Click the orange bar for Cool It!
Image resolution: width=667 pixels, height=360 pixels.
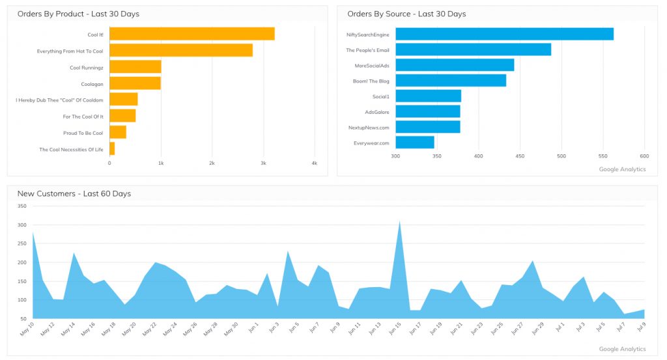(192, 34)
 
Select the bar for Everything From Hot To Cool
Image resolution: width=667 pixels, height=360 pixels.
(180, 50)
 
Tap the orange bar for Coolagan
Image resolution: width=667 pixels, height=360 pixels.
(135, 83)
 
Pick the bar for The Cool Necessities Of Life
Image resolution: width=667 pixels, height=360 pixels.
(112, 149)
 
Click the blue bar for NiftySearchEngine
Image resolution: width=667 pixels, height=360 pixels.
(504, 34)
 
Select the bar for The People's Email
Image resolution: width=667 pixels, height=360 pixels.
(473, 49)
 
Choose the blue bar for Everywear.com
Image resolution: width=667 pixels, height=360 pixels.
(414, 143)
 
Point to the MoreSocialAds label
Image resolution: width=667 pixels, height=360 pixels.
(371, 65)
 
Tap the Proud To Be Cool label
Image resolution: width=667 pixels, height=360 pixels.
(83, 133)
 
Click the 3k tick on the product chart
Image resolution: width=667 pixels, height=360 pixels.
(263, 163)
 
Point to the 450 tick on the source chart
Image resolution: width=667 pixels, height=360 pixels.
(520, 156)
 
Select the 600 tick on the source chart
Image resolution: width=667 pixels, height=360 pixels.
(644, 156)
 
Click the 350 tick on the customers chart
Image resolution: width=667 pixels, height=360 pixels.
(21, 206)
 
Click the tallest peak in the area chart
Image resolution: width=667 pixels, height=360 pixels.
(399, 222)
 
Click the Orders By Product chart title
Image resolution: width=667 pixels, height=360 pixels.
(78, 14)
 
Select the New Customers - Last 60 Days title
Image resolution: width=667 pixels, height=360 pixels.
(74, 193)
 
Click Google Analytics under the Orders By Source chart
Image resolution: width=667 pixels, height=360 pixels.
(622, 169)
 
